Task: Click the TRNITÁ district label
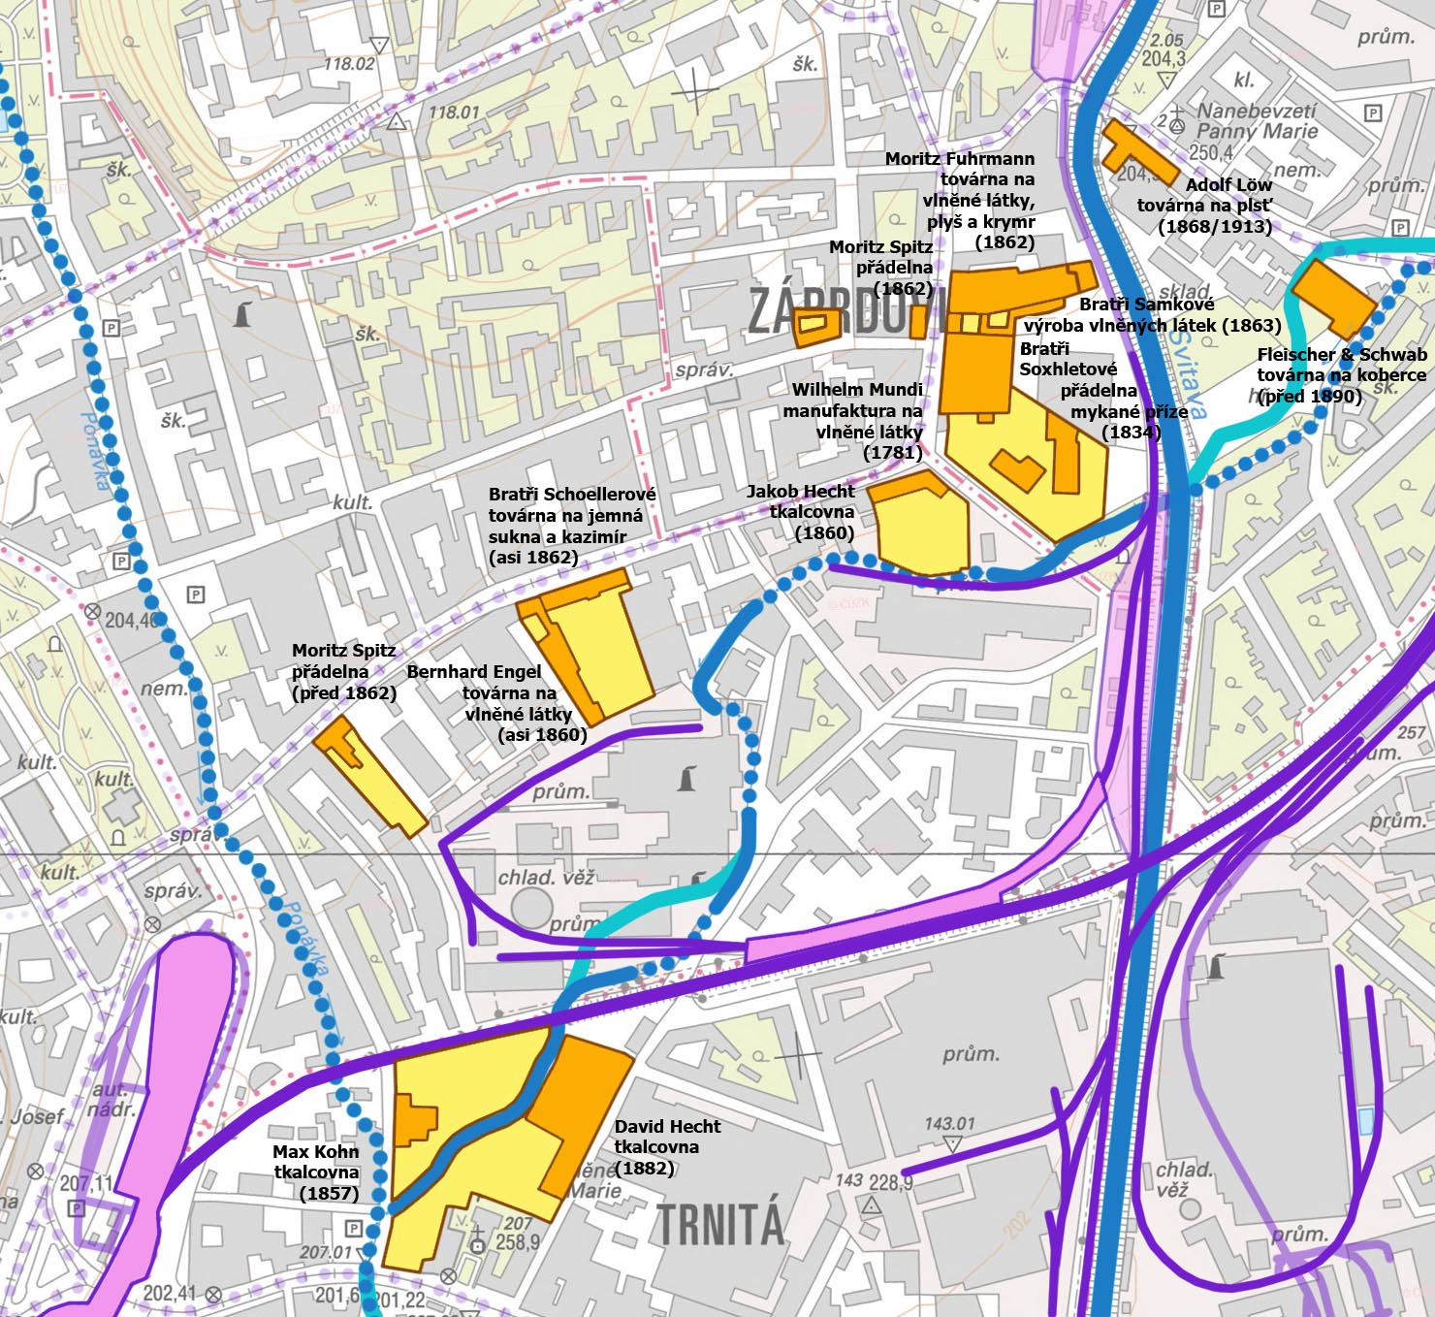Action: [x=720, y=1224]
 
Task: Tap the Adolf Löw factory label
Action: [x=1204, y=206]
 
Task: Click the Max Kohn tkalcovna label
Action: [x=316, y=1172]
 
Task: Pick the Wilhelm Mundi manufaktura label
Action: [x=855, y=421]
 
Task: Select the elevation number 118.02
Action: [x=348, y=64]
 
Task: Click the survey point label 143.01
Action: [x=950, y=1123]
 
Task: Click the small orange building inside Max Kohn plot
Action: [x=416, y=1122]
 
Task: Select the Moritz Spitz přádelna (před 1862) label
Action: [x=344, y=671]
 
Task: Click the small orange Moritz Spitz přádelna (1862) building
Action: [x=812, y=327]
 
